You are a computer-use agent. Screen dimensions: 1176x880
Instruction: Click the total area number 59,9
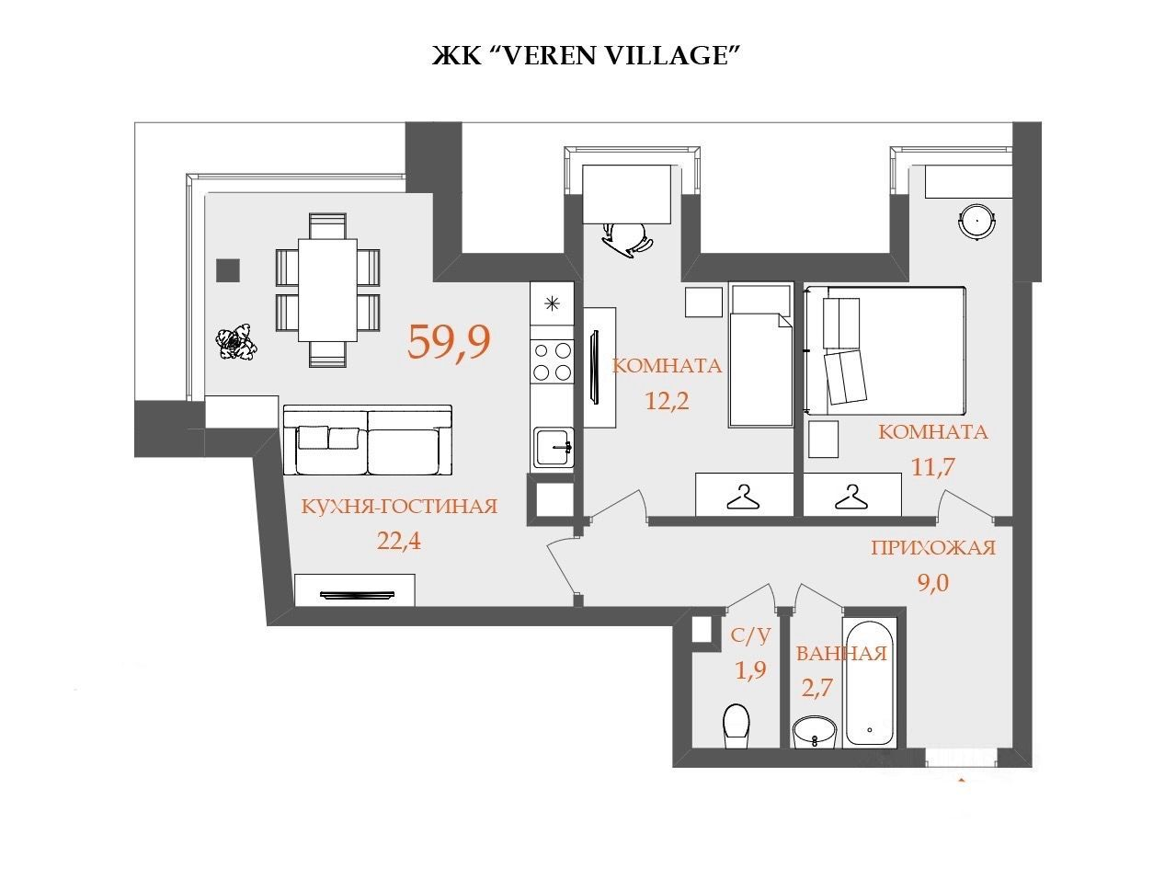449,343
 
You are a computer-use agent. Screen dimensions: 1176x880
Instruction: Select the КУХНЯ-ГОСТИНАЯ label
399,506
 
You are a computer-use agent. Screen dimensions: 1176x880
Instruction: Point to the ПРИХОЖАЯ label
933,548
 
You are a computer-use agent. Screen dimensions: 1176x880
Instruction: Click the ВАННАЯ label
841,654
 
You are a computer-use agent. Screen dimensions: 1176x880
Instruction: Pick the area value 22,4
399,542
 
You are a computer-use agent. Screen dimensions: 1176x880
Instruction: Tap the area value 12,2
667,401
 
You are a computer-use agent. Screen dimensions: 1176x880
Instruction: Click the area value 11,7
932,467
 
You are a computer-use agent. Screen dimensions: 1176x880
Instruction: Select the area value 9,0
933,583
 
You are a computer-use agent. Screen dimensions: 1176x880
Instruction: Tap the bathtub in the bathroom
869,683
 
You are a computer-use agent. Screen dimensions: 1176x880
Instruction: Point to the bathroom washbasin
815,732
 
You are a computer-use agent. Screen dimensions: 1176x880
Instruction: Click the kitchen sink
553,447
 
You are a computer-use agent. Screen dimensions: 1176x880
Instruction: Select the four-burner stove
552,361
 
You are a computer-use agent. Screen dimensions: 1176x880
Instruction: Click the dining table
327,290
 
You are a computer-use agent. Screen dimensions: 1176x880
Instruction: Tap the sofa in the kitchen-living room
368,440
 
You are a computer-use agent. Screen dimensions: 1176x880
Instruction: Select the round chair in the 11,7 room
977,222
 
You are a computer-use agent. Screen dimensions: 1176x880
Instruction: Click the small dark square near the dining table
228,270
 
